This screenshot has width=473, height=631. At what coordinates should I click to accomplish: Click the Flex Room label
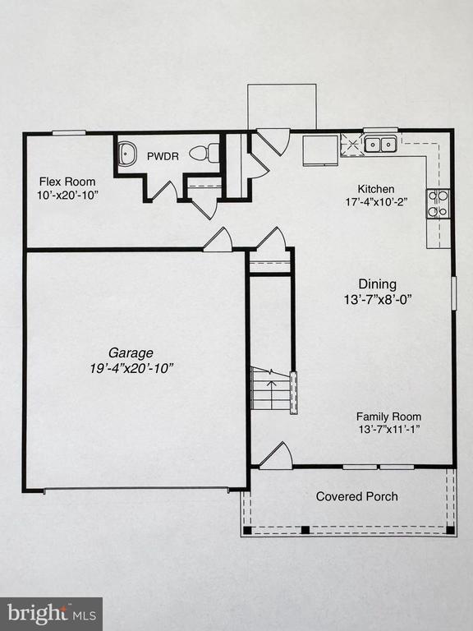click(67, 182)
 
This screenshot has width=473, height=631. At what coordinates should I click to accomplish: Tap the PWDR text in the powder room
click(158, 155)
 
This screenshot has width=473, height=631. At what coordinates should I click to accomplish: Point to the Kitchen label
click(375, 188)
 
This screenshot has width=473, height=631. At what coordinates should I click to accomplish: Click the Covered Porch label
click(357, 496)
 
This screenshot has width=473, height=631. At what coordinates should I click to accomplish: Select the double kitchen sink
click(380, 145)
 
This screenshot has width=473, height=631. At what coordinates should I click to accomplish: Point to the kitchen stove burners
click(438, 203)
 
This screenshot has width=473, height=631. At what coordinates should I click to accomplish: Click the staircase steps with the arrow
click(270, 389)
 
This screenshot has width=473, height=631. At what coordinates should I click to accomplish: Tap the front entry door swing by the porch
click(277, 457)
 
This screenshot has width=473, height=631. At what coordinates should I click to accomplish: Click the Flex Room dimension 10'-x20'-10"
click(67, 195)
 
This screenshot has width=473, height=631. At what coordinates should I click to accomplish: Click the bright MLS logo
click(51, 613)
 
